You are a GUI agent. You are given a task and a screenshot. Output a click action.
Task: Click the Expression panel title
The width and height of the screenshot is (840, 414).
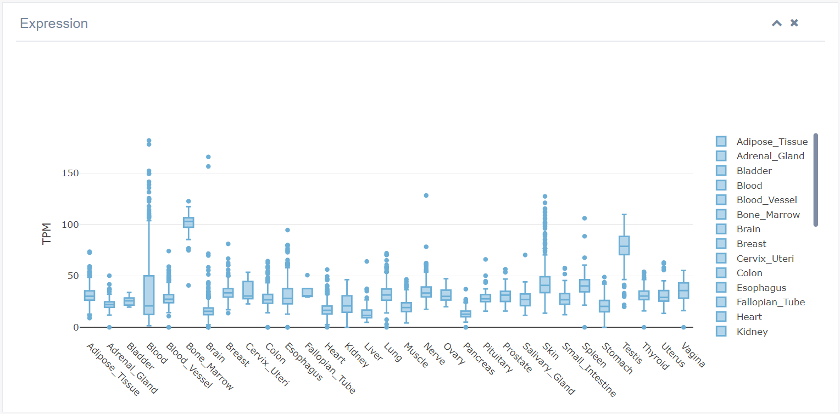(54, 24)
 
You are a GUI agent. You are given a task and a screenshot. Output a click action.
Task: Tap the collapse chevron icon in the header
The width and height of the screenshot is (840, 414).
(777, 23)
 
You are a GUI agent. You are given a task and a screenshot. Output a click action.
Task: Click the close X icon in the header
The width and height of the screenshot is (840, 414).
(794, 23)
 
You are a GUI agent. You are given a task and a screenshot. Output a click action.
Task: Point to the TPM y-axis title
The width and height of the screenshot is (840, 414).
(46, 234)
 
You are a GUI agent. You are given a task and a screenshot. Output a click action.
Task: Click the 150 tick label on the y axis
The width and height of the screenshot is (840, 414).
(70, 173)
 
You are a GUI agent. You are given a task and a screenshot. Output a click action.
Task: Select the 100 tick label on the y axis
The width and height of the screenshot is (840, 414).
(70, 225)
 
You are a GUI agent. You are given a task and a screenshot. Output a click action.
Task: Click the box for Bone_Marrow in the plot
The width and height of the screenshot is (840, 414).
(188, 222)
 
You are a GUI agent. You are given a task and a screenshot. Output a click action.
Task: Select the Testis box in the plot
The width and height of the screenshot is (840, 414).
(624, 245)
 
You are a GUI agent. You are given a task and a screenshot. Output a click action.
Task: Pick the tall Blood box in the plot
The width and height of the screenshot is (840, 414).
(149, 295)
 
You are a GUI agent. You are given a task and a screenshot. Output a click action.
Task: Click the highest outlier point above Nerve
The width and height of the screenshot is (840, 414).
(426, 195)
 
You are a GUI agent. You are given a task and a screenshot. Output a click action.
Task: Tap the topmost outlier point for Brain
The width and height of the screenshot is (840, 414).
(209, 157)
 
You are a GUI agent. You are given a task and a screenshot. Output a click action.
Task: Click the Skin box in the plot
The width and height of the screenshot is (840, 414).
(545, 285)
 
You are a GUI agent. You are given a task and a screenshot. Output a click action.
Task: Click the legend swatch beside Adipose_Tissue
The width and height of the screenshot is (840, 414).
(721, 141)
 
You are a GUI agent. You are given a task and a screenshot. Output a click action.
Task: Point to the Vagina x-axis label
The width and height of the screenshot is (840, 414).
(693, 355)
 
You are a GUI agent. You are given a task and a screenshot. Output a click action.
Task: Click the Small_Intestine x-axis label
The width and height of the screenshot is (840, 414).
(589, 370)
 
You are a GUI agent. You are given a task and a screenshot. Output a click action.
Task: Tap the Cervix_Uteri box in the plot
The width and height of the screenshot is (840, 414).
(248, 290)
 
